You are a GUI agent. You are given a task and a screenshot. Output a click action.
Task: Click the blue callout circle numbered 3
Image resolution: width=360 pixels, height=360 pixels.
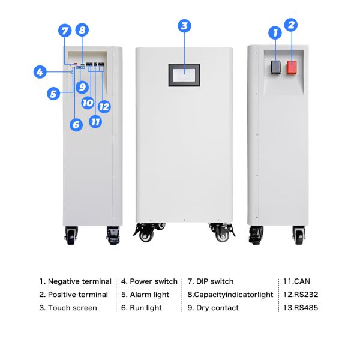pos(184,26)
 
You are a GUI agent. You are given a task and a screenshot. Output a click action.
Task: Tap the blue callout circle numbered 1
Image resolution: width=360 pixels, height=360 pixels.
pos(275,32)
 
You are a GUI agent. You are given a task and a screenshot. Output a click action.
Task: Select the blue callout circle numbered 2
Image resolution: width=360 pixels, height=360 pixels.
pos(291,25)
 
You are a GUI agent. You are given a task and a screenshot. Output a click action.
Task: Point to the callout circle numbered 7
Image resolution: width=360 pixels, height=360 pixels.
pos(65,31)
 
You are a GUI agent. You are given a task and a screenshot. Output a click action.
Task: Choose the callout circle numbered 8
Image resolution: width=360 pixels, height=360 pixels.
pos(82,30)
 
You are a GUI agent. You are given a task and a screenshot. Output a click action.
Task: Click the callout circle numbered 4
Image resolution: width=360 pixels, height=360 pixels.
pos(40,72)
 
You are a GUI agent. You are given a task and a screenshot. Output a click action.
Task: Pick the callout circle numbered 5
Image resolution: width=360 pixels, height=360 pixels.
pos(53,94)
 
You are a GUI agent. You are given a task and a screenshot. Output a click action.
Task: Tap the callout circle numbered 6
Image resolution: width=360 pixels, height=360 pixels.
pos(76,125)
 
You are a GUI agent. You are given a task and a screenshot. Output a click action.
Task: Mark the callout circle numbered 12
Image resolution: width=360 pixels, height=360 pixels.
pos(104,107)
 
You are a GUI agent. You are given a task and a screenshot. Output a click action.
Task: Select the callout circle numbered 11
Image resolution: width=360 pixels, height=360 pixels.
pos(95,121)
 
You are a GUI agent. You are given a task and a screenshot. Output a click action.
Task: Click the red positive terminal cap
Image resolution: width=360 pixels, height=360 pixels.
pos(292,67)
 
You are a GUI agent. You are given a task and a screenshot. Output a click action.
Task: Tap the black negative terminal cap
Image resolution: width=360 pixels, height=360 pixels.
pos(275,67)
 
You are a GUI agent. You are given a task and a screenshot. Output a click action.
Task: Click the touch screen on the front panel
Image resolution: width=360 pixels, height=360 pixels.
pos(184,76)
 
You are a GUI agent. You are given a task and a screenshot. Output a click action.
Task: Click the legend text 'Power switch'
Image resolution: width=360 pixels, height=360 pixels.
pos(154,281)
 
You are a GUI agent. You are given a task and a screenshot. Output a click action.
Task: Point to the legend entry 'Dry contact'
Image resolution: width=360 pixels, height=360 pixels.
pos(217,308)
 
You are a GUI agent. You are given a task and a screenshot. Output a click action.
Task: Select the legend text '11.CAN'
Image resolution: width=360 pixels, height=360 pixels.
pos(296,281)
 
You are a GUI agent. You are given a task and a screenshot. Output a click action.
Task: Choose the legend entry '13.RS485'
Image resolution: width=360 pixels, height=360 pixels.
pos(301,308)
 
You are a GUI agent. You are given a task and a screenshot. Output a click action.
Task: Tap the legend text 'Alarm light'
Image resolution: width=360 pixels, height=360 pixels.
pos(149,295)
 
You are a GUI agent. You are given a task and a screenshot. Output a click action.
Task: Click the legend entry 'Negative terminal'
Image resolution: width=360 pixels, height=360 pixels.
pos(80,281)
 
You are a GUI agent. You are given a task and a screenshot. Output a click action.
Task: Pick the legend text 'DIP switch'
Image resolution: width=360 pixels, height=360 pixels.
pos(215,281)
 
